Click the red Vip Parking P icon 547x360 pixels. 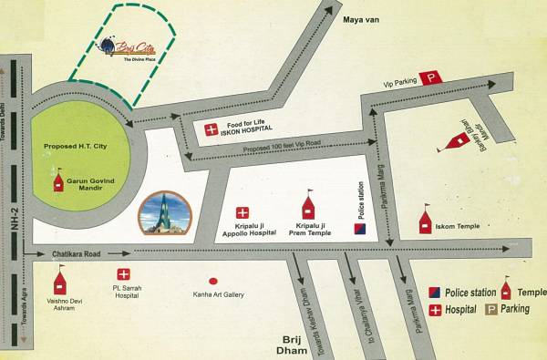[428, 79]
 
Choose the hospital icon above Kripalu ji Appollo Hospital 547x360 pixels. [243, 212]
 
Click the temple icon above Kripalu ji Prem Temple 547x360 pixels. [307, 205]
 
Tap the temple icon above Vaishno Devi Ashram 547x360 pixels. [60, 280]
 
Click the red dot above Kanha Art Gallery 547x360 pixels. [212, 281]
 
